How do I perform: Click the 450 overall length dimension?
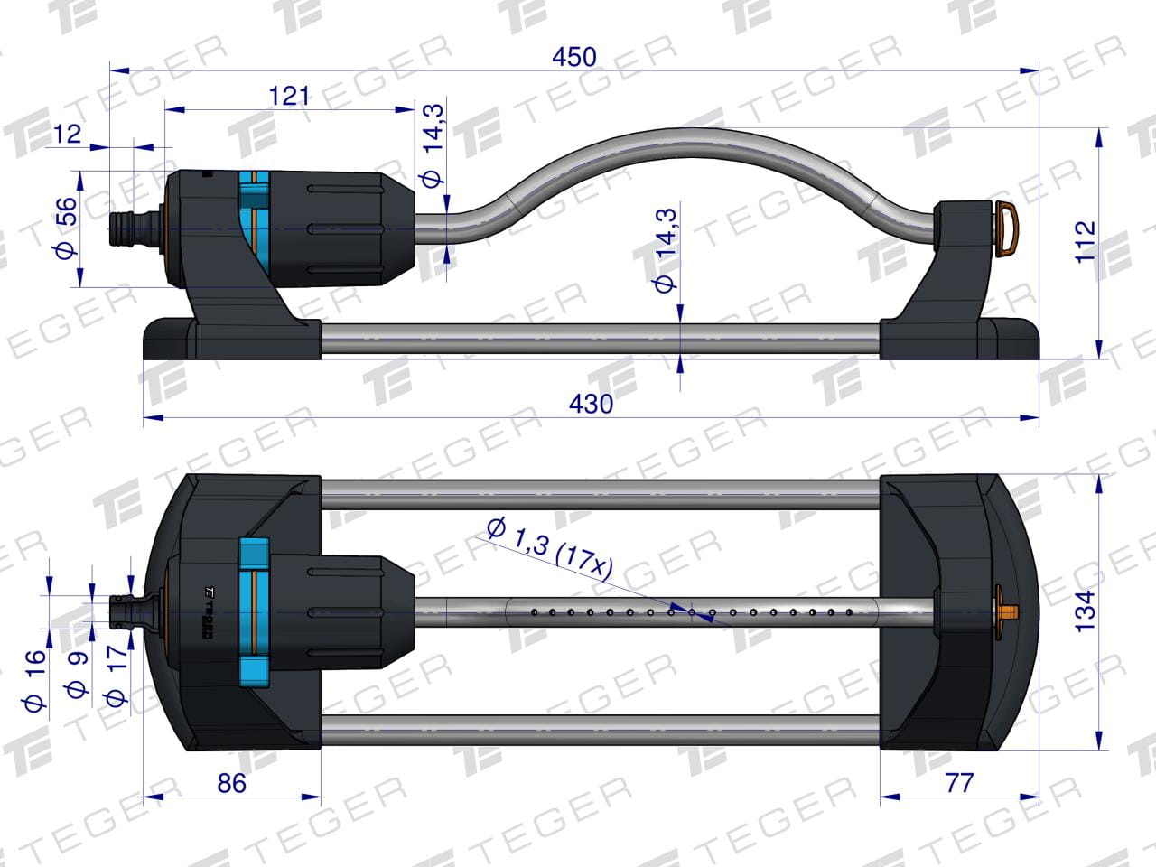pos(574,57)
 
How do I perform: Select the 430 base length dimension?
pos(591,405)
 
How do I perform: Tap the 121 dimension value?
pos(289,97)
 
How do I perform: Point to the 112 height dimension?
pos(1086,243)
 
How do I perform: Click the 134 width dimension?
pos(1085,611)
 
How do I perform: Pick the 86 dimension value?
pos(231,784)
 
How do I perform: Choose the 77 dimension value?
pos(959,784)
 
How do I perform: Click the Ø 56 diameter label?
pos(66,228)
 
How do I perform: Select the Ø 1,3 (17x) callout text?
pos(549,549)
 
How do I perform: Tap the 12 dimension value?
pos(68,135)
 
